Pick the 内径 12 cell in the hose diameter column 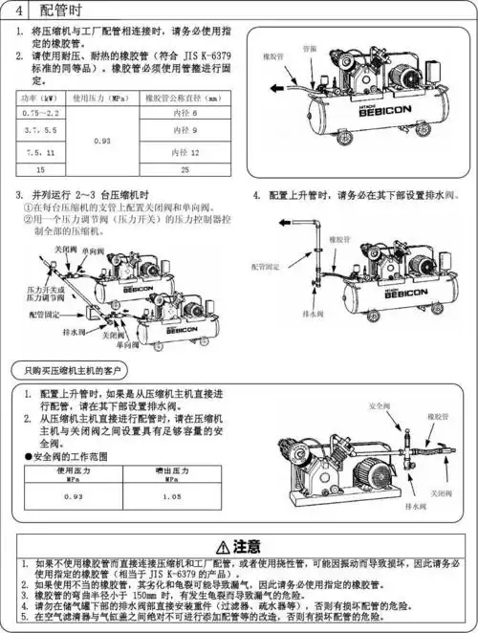pos(185,153)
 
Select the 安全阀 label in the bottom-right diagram pos(380,406)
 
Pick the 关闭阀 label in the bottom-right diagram pos(441,492)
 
